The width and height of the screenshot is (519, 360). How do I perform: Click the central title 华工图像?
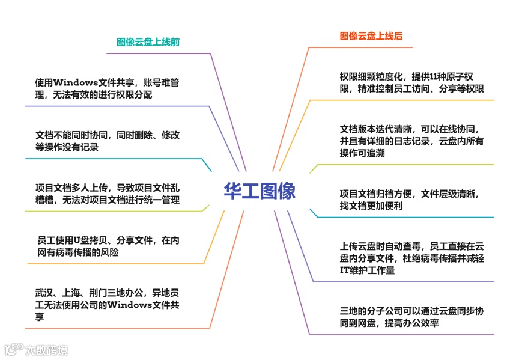259,191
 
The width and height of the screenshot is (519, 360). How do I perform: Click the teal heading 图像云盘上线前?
148,43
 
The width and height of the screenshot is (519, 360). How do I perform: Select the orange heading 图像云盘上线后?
371,36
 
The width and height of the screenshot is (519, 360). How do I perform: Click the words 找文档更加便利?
371,206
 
